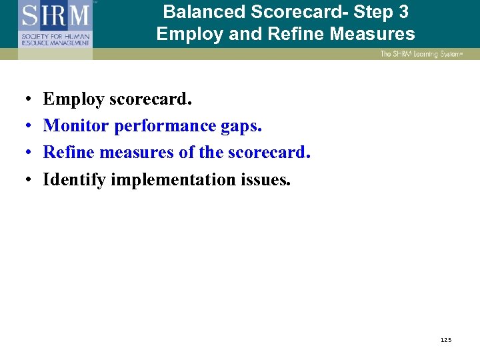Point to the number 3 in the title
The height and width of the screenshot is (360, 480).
403,12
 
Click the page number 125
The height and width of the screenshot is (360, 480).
446,340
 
